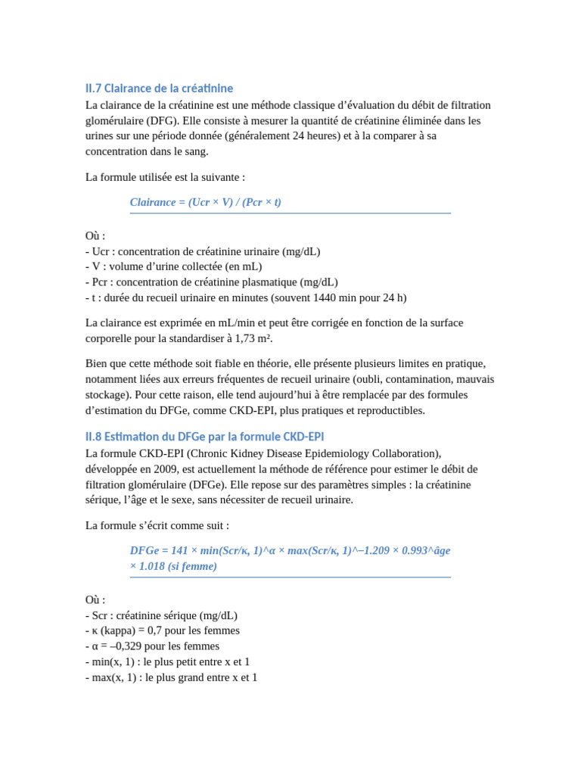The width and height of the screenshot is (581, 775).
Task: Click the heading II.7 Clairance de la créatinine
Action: click(159, 89)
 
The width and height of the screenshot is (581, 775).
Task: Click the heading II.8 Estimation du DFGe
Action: click(204, 437)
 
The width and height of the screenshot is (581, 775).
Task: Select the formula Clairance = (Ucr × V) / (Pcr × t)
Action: click(205, 202)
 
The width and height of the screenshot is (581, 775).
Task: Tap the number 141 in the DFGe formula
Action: click(179, 550)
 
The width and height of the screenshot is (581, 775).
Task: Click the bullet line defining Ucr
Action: click(203, 251)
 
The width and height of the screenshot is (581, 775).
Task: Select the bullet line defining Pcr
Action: click(212, 282)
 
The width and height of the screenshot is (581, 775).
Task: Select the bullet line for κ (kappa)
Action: click(163, 630)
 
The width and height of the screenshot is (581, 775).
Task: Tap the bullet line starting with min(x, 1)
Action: click(168, 661)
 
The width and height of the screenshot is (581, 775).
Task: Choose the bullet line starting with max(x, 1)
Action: click(172, 677)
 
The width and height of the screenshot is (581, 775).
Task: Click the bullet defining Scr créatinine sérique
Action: click(162, 615)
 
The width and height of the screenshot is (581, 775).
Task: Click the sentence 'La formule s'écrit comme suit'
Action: click(157, 525)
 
